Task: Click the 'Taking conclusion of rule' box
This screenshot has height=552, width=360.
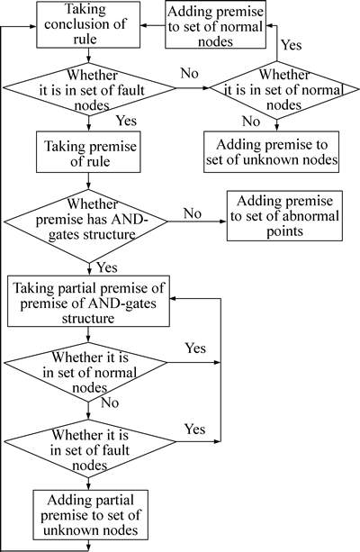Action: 89,24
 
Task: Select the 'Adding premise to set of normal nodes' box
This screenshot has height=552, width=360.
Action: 216,24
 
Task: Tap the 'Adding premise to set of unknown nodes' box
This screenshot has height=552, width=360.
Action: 271,151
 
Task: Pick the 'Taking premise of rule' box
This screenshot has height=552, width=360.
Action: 89,152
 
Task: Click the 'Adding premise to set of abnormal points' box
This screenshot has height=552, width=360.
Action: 284,216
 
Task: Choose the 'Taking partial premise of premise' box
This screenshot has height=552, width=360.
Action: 89,302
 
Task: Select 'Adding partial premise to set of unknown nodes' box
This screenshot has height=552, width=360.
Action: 91,514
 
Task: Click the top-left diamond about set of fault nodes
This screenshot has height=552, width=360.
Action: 89,89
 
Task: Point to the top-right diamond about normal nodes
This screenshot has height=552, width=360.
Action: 284,89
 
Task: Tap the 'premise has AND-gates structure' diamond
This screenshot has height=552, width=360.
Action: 85,222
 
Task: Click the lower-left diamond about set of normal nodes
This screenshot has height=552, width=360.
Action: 85,372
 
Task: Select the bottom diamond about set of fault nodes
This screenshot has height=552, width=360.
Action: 89,448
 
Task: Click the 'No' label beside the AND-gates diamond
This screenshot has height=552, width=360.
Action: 193,213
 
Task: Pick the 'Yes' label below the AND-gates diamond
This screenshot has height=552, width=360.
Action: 107,267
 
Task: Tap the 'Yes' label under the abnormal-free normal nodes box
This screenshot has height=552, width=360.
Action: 292,45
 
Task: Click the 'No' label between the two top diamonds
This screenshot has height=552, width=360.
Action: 190,73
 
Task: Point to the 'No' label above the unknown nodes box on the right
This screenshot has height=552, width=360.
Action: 251,122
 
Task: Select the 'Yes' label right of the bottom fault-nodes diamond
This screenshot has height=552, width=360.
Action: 195,430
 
